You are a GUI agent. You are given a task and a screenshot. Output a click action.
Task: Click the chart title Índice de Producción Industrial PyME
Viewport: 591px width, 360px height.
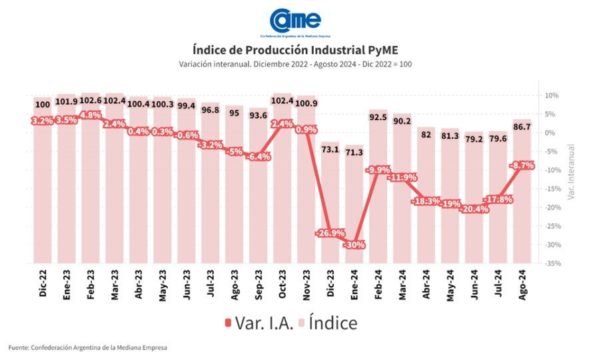click(295, 50)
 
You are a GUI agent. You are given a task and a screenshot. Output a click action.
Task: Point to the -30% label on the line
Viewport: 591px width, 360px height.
click(354, 245)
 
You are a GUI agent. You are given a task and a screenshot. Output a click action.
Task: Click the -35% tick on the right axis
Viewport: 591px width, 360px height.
click(550, 264)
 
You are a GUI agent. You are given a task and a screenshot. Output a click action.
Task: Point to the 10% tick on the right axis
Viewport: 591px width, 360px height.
click(550, 95)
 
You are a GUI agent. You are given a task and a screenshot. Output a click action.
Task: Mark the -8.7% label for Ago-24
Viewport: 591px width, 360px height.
click(522, 165)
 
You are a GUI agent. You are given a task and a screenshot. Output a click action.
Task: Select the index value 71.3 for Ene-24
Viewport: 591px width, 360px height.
click(354, 153)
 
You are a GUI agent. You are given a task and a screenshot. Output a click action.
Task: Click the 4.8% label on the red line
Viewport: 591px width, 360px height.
click(91, 115)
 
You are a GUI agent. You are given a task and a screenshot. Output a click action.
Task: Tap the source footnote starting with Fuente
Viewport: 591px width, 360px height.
click(87, 347)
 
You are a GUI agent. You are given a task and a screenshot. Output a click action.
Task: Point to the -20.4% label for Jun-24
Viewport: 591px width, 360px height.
click(474, 209)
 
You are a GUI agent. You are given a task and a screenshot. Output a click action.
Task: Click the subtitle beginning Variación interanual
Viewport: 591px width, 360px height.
click(295, 63)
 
